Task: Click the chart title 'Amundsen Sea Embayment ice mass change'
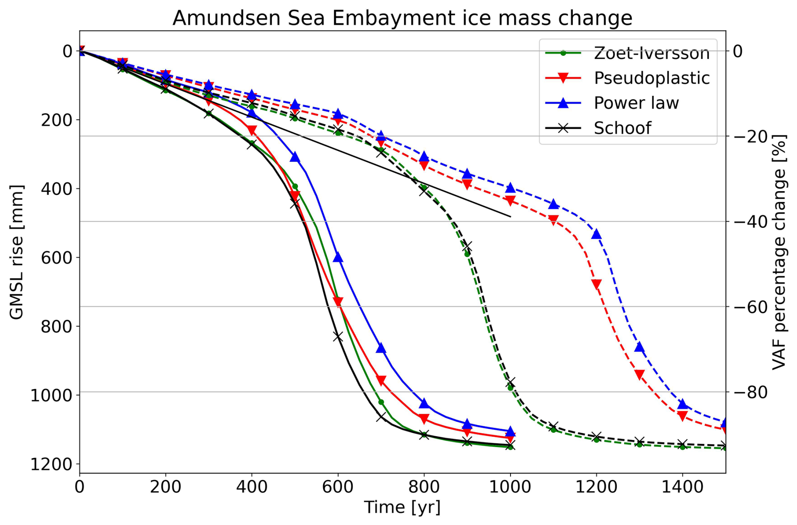402,18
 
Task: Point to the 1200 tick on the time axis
596,487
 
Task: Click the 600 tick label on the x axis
337,487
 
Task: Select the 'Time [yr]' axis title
402,507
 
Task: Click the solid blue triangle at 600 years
338,257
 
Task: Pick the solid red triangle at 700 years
381,381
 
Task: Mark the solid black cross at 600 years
338,337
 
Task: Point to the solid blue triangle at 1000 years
510,431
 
